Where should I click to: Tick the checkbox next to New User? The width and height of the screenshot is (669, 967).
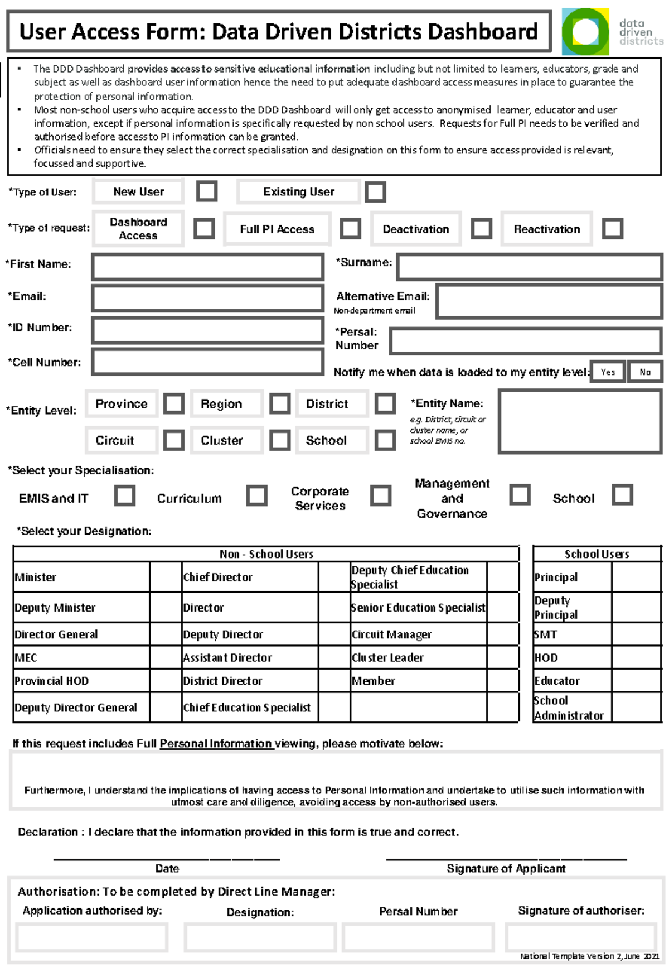point(206,191)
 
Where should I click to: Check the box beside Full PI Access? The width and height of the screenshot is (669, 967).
point(350,228)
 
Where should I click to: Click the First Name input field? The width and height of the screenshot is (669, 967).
point(207,267)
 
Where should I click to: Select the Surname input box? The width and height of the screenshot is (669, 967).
point(529,267)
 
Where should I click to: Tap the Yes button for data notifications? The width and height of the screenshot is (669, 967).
point(608,372)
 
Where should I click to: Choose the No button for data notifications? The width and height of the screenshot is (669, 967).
point(645,372)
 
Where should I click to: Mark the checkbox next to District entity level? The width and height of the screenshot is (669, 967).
point(385,403)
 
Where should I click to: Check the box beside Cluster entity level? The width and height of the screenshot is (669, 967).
point(279,440)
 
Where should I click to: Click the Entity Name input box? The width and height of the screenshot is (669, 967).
point(580,421)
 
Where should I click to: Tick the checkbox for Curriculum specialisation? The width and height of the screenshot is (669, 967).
point(256,495)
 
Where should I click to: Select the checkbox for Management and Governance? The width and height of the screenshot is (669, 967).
point(520,494)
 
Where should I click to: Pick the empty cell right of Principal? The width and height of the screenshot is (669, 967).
point(636,577)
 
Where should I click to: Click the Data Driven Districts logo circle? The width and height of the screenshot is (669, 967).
point(584,32)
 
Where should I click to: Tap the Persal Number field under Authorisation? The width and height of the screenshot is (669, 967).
point(418,937)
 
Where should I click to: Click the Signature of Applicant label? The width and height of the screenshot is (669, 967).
point(506,868)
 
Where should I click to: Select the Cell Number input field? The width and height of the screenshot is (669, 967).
point(207,362)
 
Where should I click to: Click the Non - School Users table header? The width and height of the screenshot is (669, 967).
point(266,554)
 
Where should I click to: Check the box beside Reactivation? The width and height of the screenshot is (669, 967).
point(612,228)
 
